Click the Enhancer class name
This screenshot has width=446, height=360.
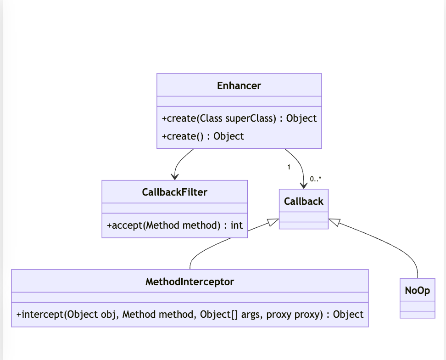pos(239,85)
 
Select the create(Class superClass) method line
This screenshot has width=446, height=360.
pos(239,118)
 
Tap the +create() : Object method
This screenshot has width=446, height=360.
pos(203,136)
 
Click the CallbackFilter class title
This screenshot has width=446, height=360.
pos(174,192)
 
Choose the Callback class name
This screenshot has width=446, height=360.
pos(303,201)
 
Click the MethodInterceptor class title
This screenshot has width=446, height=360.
pos(190,281)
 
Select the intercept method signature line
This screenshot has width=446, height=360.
pos(190,315)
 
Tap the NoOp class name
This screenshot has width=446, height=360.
pos(417,291)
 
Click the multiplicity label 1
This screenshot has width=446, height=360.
pos(289,167)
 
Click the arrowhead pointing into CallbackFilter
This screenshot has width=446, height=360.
pos(174,176)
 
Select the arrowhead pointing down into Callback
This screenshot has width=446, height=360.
pos(303,185)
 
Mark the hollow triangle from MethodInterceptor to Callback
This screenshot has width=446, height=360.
pos(273,223)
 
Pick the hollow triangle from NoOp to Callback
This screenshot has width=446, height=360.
pos(334,223)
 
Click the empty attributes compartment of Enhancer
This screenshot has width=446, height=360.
pos(239,101)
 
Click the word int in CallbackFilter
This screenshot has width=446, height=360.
pos(236,226)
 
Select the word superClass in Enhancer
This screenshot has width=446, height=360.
pos(251,118)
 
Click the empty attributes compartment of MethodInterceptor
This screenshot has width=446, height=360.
pos(190,297)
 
